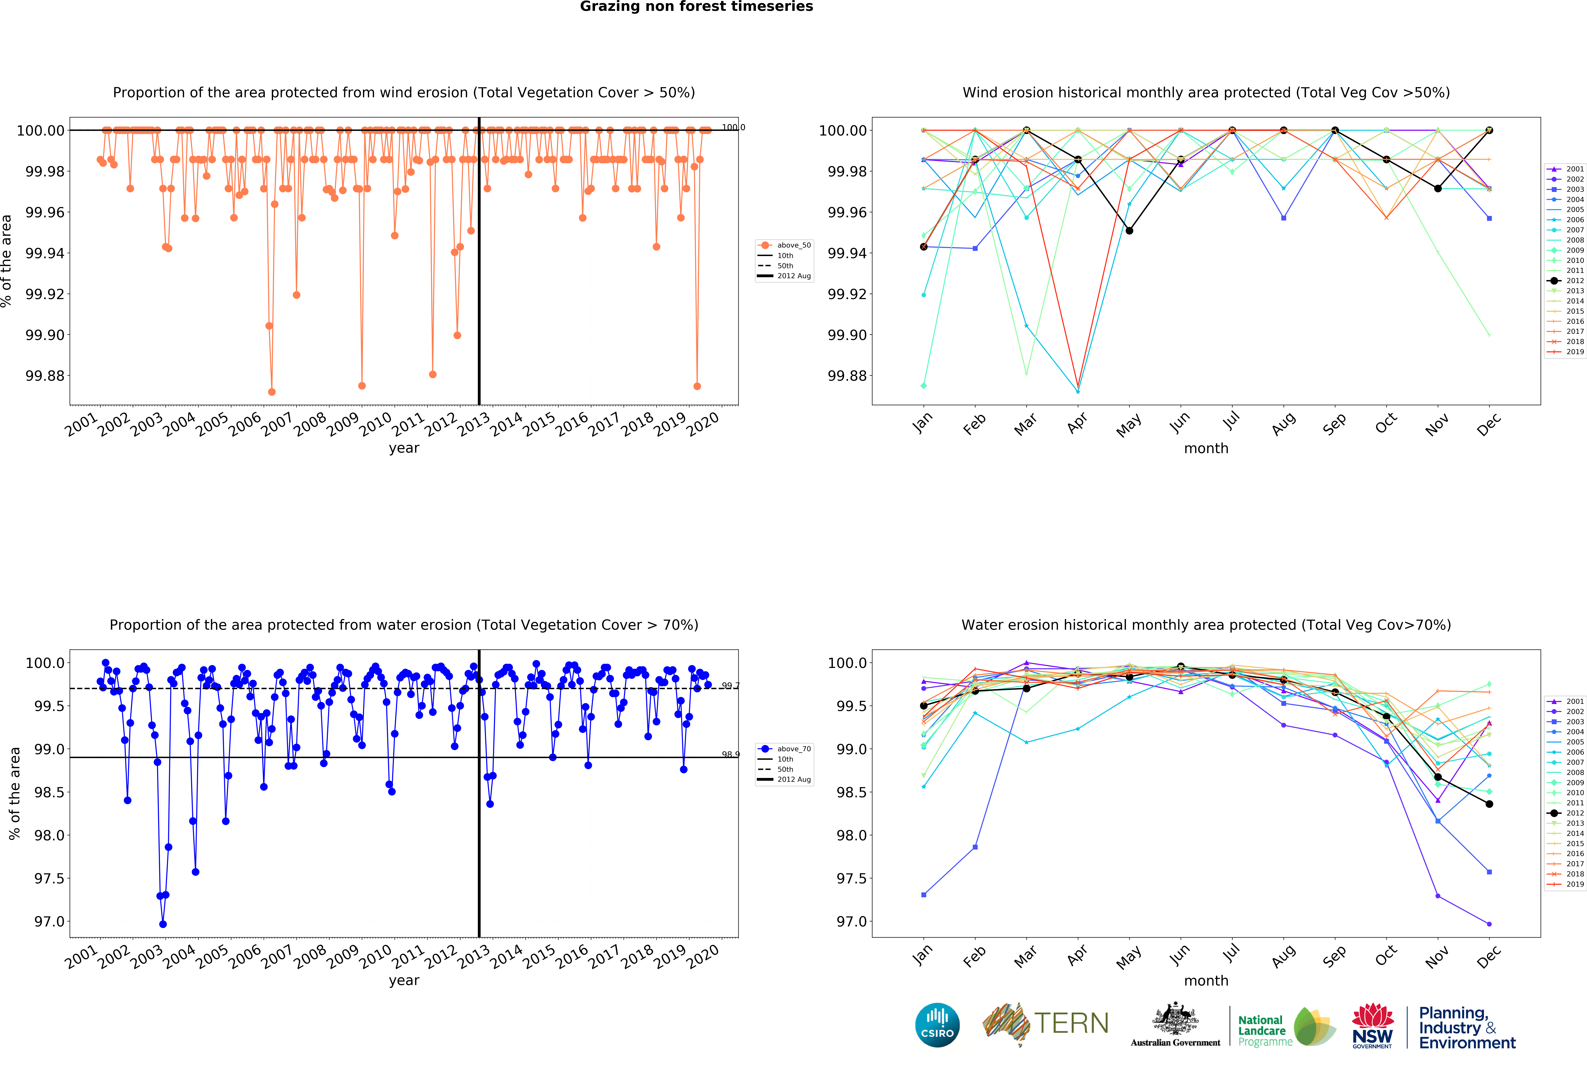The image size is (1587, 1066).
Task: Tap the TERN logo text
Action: coord(1071,1023)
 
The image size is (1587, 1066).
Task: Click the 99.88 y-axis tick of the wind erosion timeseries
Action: coord(45,376)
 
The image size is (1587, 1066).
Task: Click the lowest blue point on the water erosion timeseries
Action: coord(162,924)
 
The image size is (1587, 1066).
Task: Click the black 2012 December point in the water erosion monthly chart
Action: coord(1489,804)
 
